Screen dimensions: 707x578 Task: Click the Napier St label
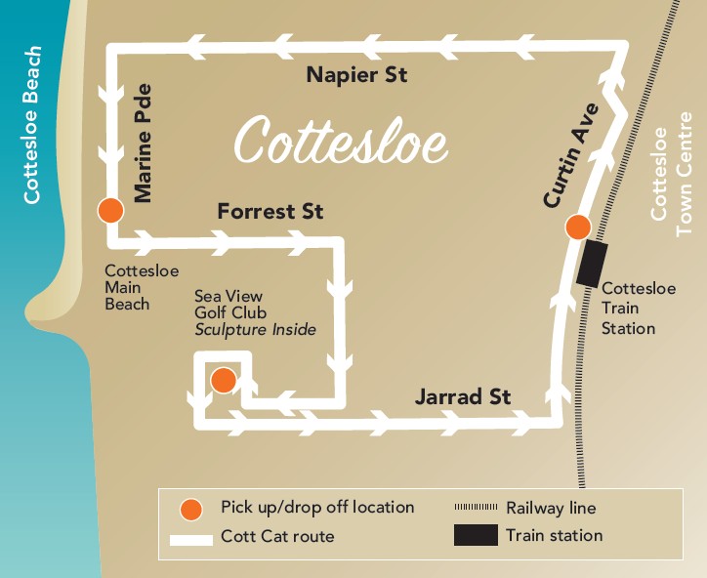pyautogui.click(x=355, y=75)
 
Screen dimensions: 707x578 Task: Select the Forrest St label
pyautogui.click(x=270, y=211)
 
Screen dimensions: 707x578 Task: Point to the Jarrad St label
pyautogui.click(x=463, y=397)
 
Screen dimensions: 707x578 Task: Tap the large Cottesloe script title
pyautogui.click(x=341, y=142)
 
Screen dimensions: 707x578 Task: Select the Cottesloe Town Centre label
pyautogui.click(x=671, y=181)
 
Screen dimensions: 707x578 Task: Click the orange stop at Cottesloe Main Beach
pyautogui.click(x=110, y=210)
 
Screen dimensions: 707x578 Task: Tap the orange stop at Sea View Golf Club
pyautogui.click(x=224, y=380)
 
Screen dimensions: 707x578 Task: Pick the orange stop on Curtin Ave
pyautogui.click(x=578, y=227)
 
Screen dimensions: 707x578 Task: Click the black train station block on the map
pyautogui.click(x=591, y=263)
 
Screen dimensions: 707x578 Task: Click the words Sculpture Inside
pyautogui.click(x=255, y=330)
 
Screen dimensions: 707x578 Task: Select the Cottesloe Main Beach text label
pyautogui.click(x=128, y=287)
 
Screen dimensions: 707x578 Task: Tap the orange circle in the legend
pyautogui.click(x=191, y=509)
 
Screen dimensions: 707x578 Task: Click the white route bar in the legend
pyautogui.click(x=191, y=537)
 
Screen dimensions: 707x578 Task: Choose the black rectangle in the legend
pyautogui.click(x=475, y=536)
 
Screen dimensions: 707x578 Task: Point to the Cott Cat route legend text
pyautogui.click(x=277, y=536)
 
